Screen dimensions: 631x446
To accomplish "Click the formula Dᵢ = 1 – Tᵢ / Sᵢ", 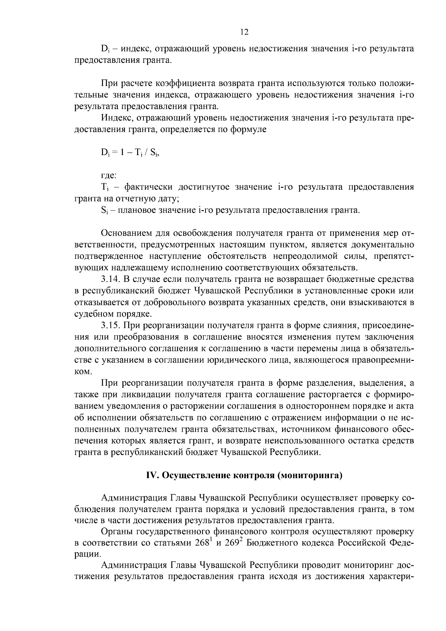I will (x=130, y=152).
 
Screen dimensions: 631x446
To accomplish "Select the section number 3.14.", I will (x=110, y=279).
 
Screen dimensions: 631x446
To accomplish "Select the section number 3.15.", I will (x=110, y=325).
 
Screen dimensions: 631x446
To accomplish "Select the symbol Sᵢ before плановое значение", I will (x=104, y=210).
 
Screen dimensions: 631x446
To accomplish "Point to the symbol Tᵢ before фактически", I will (x=104, y=187).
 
